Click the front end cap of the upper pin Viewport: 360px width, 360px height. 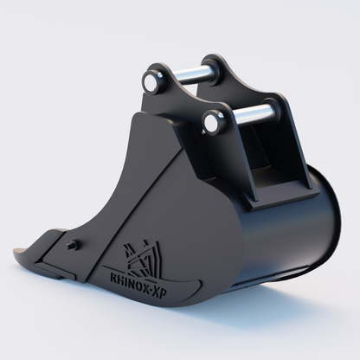click(x=155, y=82)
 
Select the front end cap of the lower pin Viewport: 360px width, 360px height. click(x=212, y=123)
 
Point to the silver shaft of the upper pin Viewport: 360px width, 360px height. click(x=192, y=74)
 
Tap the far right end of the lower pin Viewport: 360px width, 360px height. click(x=275, y=110)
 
